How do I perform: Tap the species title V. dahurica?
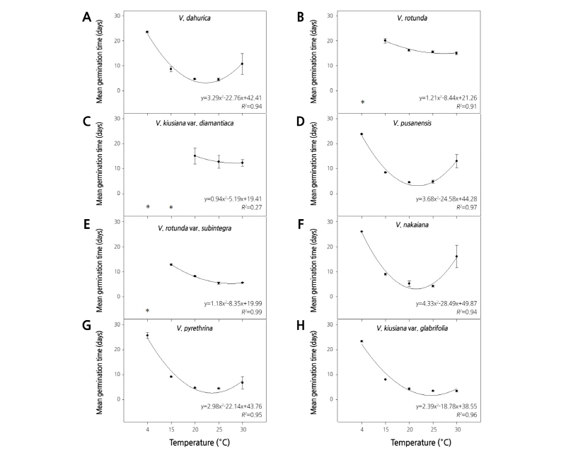click(x=193, y=18)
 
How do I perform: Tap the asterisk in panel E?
click(x=148, y=311)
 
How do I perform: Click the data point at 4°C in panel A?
click(x=148, y=32)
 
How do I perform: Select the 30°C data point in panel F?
click(x=456, y=257)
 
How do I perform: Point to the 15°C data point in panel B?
click(x=385, y=40)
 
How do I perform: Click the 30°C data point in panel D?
click(x=456, y=161)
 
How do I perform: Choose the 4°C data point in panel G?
click(x=148, y=335)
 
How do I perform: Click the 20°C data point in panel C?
click(x=195, y=156)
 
